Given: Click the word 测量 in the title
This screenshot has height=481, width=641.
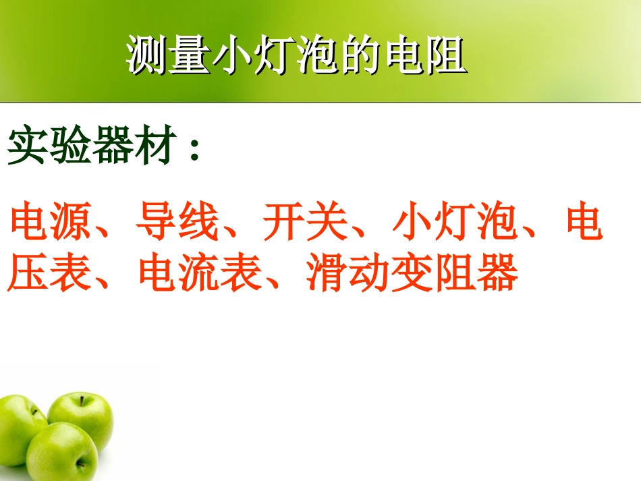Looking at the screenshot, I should [169, 55].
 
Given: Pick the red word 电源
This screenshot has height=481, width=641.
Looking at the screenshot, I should [50, 223].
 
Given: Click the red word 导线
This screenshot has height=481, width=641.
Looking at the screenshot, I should [177, 223].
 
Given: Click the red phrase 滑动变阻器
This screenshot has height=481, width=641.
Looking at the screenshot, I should [412, 273].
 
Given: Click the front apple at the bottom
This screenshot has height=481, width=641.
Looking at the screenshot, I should [62, 452].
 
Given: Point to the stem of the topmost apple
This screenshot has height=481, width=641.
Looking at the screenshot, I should [82, 400].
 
